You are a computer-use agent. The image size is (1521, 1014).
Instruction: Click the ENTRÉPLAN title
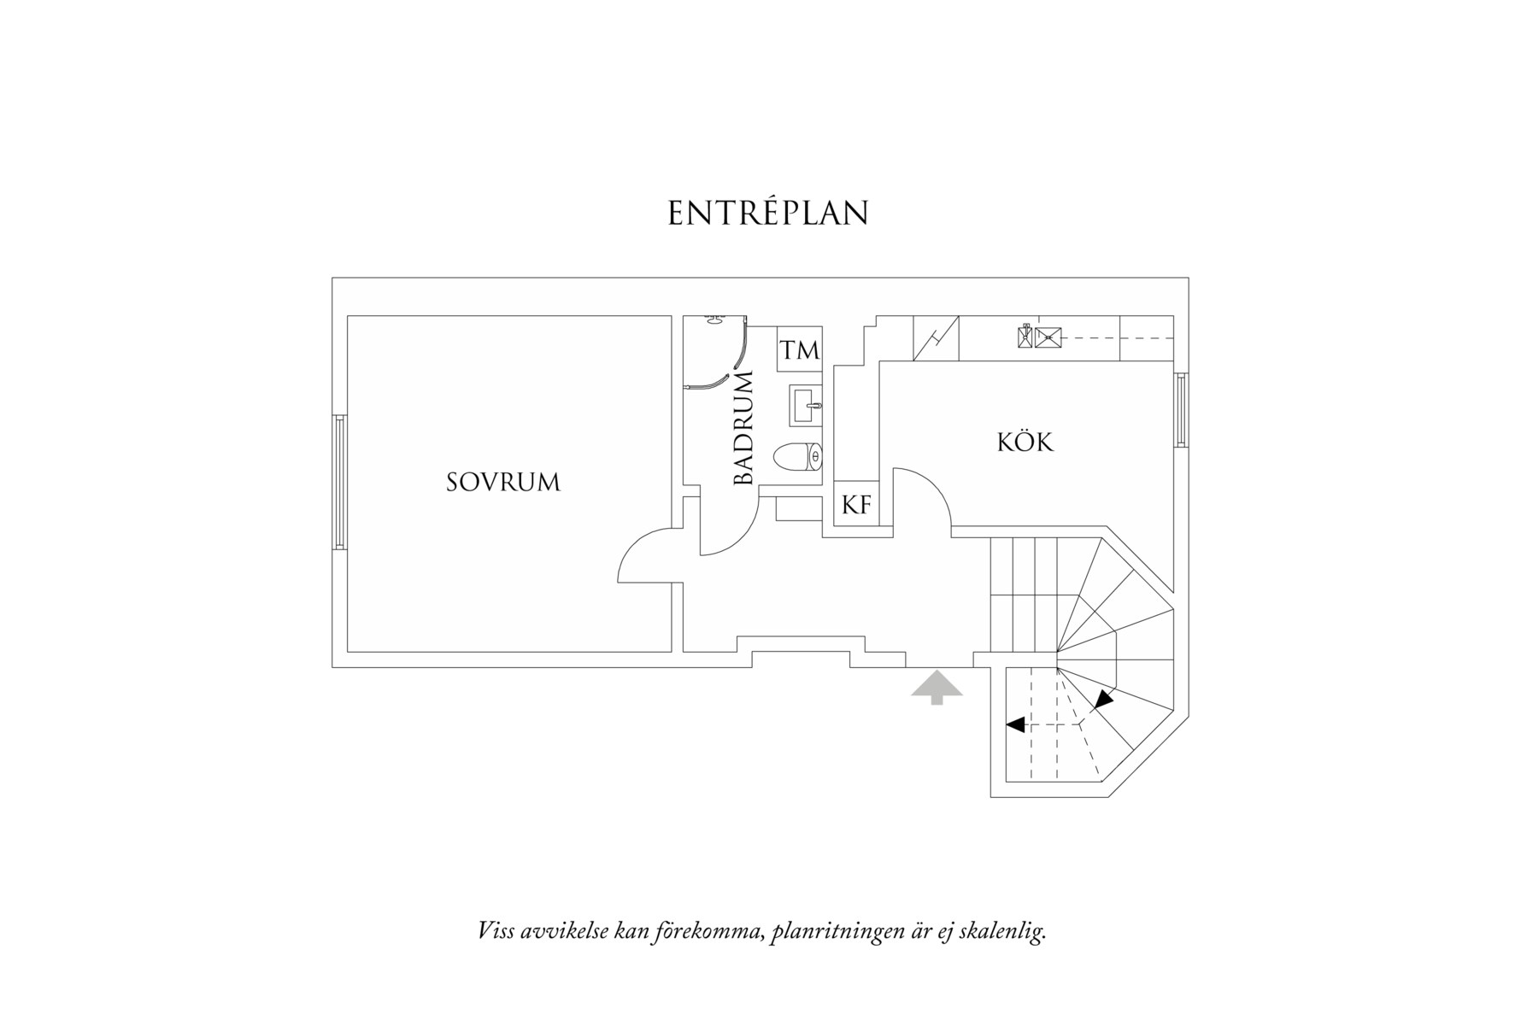click(767, 214)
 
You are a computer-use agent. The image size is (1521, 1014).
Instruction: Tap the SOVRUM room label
click(503, 483)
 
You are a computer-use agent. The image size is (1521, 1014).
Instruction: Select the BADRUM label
click(744, 429)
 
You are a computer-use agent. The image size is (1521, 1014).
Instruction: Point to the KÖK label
click(1025, 443)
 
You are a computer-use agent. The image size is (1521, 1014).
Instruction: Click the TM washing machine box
click(799, 349)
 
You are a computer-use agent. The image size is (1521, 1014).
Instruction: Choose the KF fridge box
click(856, 505)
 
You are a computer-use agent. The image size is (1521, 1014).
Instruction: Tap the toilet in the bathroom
click(798, 458)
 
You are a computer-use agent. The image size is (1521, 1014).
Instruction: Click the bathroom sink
click(806, 405)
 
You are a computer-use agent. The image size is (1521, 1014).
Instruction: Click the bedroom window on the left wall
click(340, 482)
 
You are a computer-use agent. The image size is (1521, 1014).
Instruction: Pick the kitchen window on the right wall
click(1180, 409)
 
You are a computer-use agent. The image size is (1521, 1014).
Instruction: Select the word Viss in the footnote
click(496, 930)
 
